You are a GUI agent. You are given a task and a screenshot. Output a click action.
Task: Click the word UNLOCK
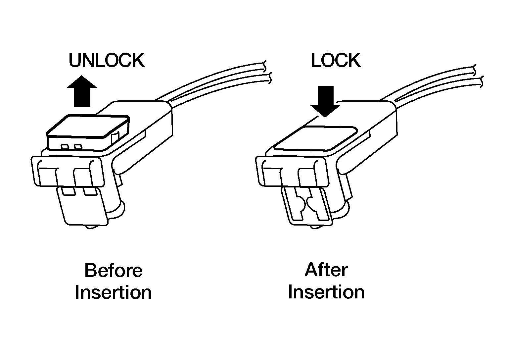[106, 61]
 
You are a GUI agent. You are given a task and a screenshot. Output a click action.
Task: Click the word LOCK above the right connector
[336, 61]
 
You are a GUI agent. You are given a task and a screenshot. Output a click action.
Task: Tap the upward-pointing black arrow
[82, 91]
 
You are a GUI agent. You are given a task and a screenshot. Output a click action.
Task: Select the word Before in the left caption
[113, 270]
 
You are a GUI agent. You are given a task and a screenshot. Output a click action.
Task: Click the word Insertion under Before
[113, 293]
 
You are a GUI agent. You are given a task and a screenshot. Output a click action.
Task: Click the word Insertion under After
[326, 292]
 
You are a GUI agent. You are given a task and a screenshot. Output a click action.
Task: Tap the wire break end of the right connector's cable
[478, 75]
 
